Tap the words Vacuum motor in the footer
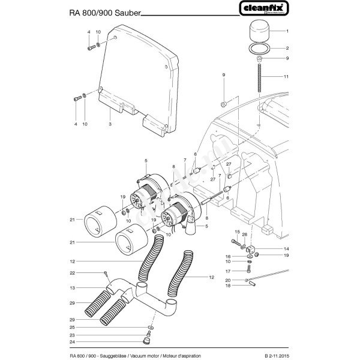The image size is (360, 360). [150, 356]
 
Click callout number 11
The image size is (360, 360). [287, 77]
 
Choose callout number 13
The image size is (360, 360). [71, 289]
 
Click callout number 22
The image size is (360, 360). [71, 273]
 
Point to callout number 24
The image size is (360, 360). [71, 341]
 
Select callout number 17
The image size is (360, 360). [227, 271]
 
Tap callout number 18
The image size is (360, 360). [227, 286]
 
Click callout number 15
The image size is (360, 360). [236, 232]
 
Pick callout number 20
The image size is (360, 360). [227, 280]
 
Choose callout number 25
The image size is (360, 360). [71, 326]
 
